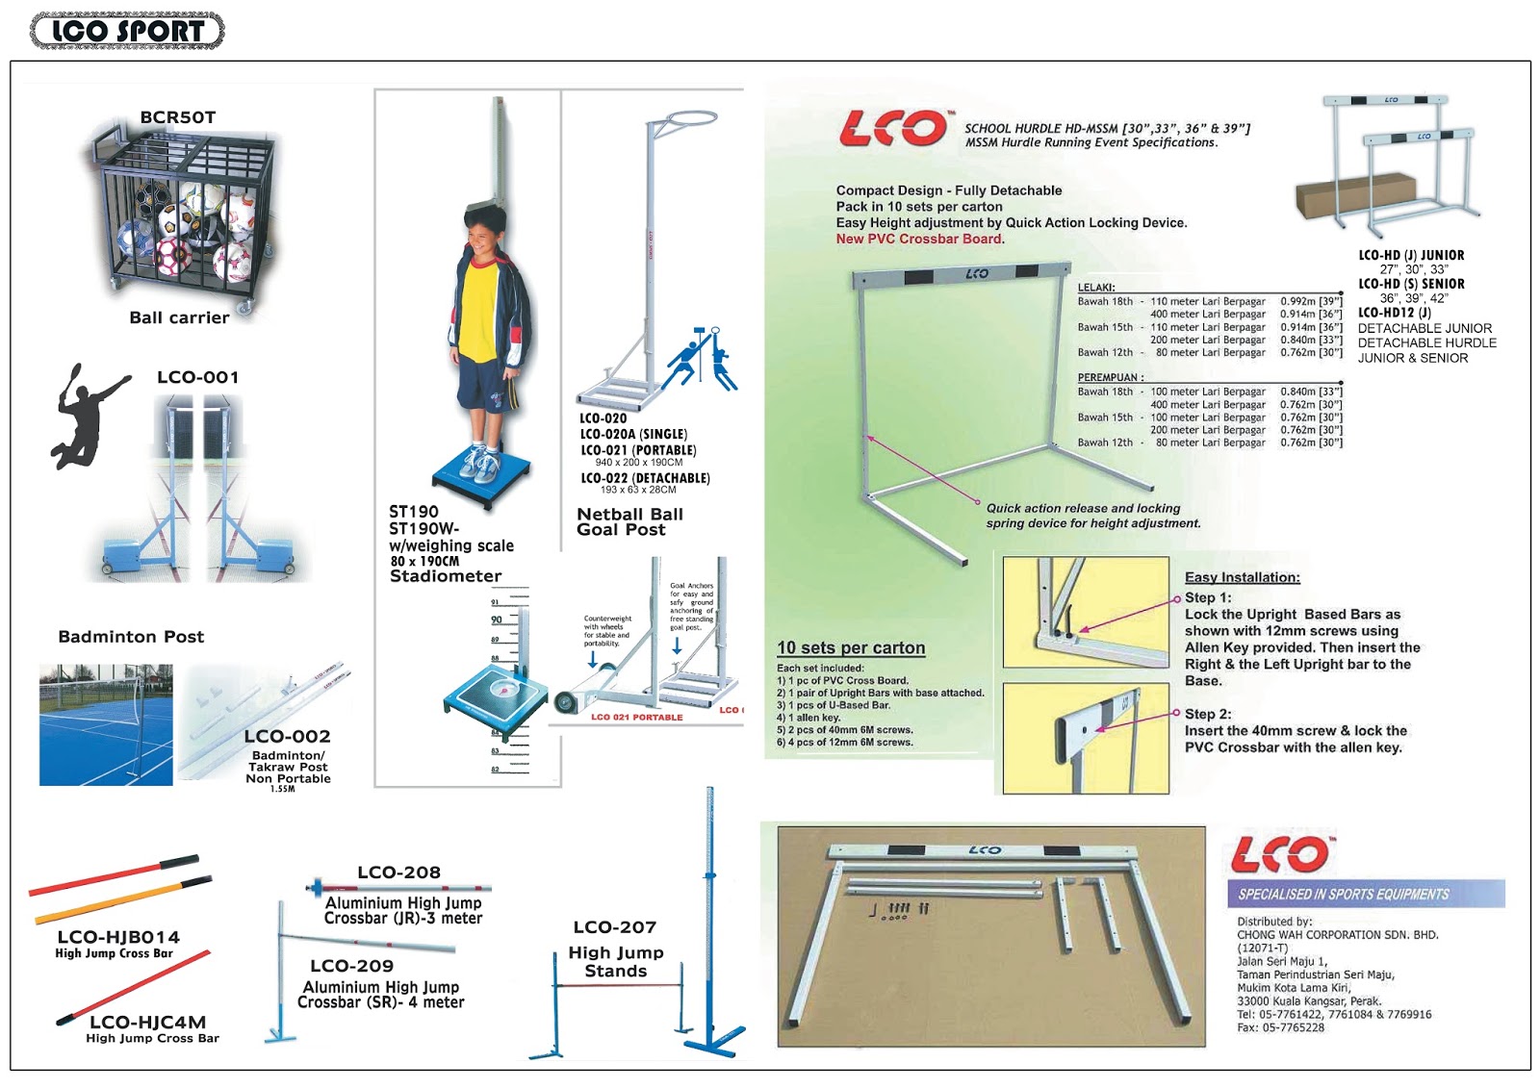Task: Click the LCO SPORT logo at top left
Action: (x=127, y=31)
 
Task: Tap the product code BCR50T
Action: (x=178, y=117)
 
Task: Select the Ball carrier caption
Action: (x=179, y=317)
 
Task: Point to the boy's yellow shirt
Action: (x=478, y=308)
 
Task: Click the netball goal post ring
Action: (x=683, y=121)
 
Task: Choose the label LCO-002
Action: (x=287, y=736)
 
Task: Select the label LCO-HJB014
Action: (x=118, y=937)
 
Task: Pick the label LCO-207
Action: (x=615, y=927)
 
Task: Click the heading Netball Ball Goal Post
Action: (x=629, y=521)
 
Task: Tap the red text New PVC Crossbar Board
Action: (x=919, y=239)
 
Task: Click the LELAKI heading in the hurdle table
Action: (x=1096, y=288)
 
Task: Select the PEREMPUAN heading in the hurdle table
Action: (x=1110, y=378)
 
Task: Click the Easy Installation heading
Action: (x=1242, y=577)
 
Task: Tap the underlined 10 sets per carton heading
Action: (x=851, y=648)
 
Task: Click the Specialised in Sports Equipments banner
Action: (x=1365, y=894)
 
